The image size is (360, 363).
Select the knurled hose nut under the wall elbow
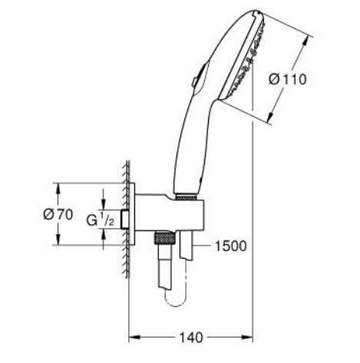coord(162,238)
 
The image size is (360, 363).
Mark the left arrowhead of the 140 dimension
coord(130,337)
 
